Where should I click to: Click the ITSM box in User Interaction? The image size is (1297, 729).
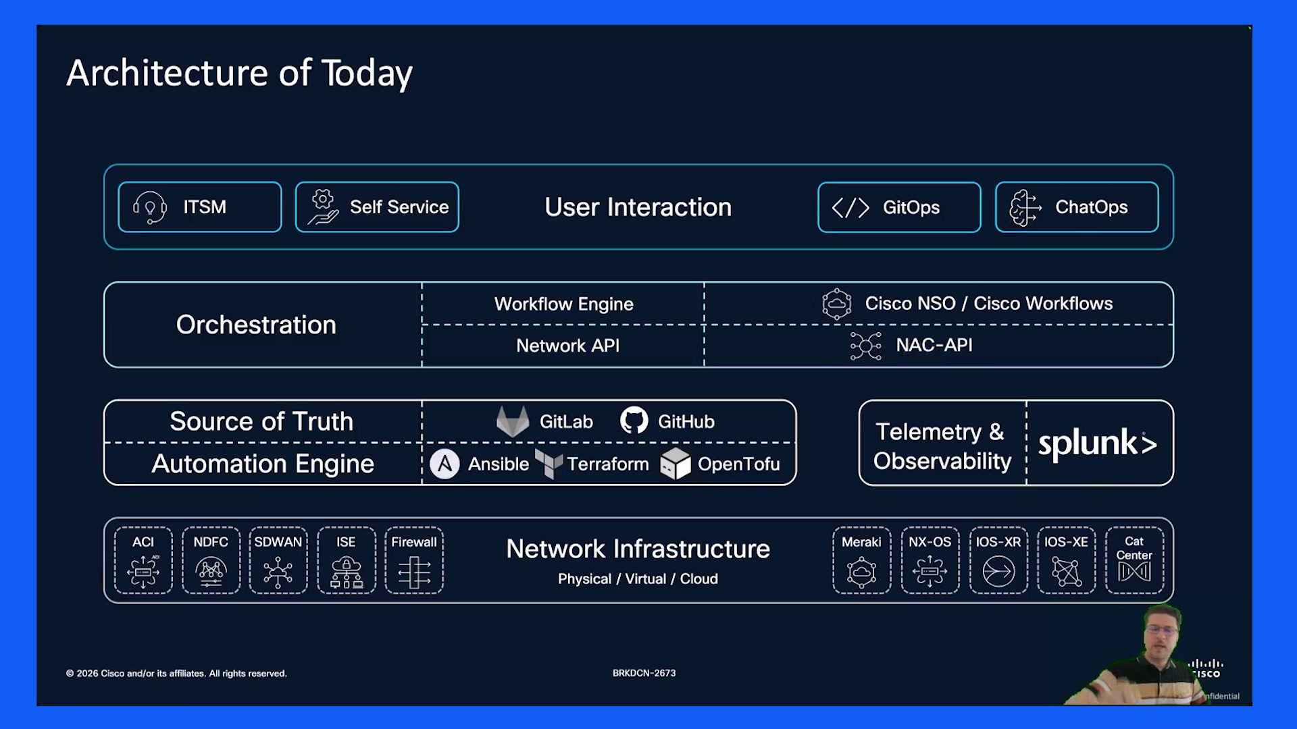(x=200, y=207)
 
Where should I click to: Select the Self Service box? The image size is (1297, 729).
(x=377, y=207)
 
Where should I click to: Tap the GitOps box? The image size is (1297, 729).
(x=899, y=207)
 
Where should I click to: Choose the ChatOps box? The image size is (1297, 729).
(x=1077, y=207)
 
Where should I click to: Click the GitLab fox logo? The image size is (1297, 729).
(x=513, y=421)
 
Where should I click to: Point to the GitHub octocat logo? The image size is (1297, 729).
(x=634, y=421)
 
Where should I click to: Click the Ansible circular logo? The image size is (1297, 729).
(x=444, y=464)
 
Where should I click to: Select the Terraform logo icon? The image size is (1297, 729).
(x=549, y=464)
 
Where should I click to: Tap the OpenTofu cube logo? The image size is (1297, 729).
(x=676, y=464)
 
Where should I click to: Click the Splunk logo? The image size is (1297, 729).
(x=1098, y=444)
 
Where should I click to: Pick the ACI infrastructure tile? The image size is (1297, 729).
(x=143, y=560)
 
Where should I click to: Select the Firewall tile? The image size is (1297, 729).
(x=414, y=560)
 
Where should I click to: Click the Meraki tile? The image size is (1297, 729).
(x=862, y=560)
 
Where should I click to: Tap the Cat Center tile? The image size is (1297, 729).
(x=1134, y=560)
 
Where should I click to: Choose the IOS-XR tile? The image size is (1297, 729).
(x=998, y=560)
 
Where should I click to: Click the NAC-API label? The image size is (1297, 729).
(x=934, y=345)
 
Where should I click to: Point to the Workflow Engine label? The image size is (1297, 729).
(x=564, y=304)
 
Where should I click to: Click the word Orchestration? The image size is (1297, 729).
(x=256, y=325)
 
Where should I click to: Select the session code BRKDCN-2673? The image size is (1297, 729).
(x=644, y=673)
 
